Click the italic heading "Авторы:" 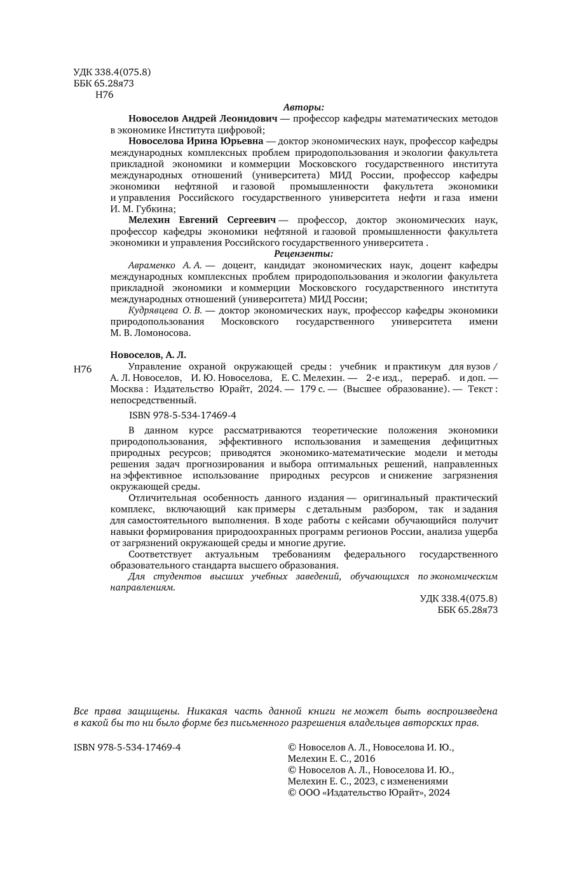[x=303, y=107]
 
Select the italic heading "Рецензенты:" [x=303, y=254]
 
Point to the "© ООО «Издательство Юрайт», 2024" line [x=369, y=792]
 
